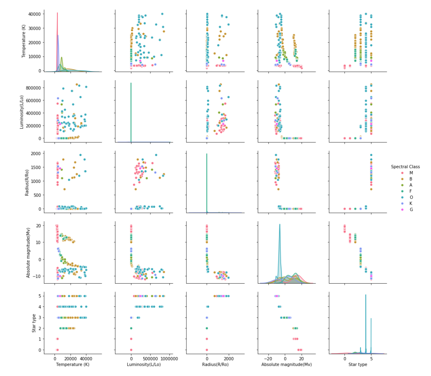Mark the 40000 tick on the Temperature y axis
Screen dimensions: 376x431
tap(34, 14)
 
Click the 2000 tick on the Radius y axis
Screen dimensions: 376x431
tap(35, 153)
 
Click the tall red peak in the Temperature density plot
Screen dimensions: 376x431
tap(57, 14)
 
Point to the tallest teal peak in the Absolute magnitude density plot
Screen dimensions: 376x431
tap(279, 225)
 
